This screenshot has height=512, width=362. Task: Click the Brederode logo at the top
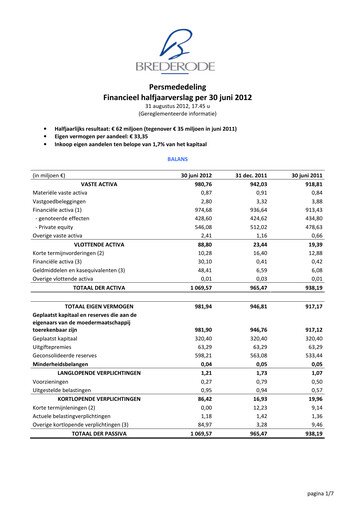point(181,50)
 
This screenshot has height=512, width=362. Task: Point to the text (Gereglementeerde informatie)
point(181,115)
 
